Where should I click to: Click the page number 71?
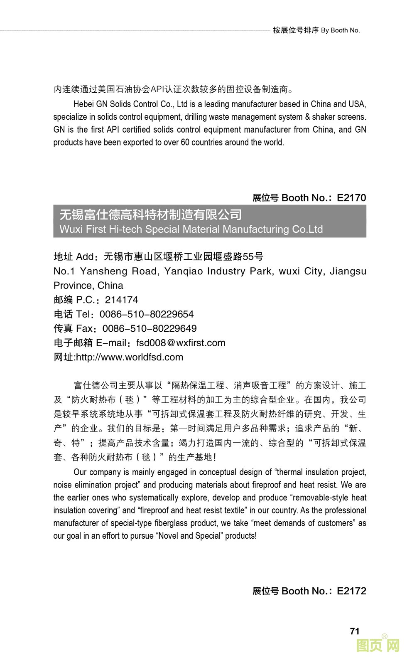(354, 631)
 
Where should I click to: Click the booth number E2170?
(351, 198)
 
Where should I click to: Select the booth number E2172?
(351, 591)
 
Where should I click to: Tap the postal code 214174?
(121, 300)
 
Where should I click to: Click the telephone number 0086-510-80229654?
(147, 314)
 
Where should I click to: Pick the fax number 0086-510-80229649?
(150, 328)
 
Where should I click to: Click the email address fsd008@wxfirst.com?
(181, 343)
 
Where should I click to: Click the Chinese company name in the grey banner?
(150, 215)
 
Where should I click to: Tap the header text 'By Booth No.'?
(340, 30)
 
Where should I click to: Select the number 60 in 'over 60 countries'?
(185, 142)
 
